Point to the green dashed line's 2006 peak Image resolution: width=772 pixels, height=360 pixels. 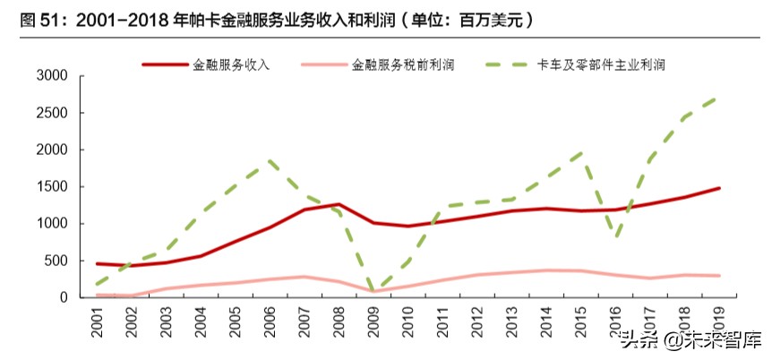[269, 161]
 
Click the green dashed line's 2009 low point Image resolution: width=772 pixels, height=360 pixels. [373, 291]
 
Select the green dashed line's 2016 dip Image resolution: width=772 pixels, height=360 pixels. [615, 237]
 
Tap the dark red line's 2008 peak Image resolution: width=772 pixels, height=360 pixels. [338, 204]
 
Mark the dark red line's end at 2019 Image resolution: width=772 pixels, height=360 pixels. [719, 188]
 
